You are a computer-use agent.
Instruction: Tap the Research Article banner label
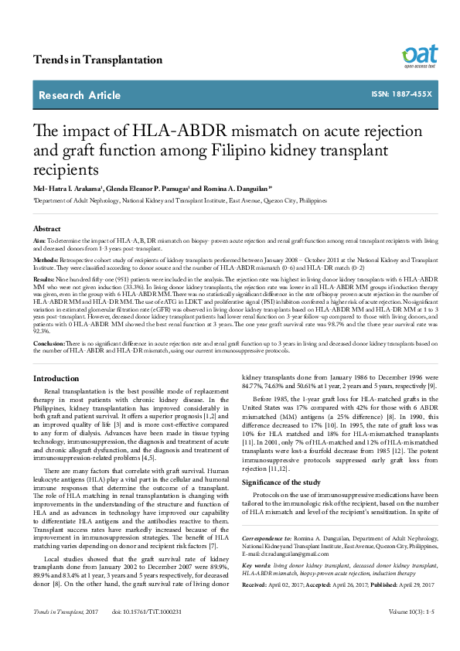tap(80, 95)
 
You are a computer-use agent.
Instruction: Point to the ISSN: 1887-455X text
tap(402, 94)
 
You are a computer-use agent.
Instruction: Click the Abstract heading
tap(46, 230)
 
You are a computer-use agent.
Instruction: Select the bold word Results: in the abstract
tap(43, 278)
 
